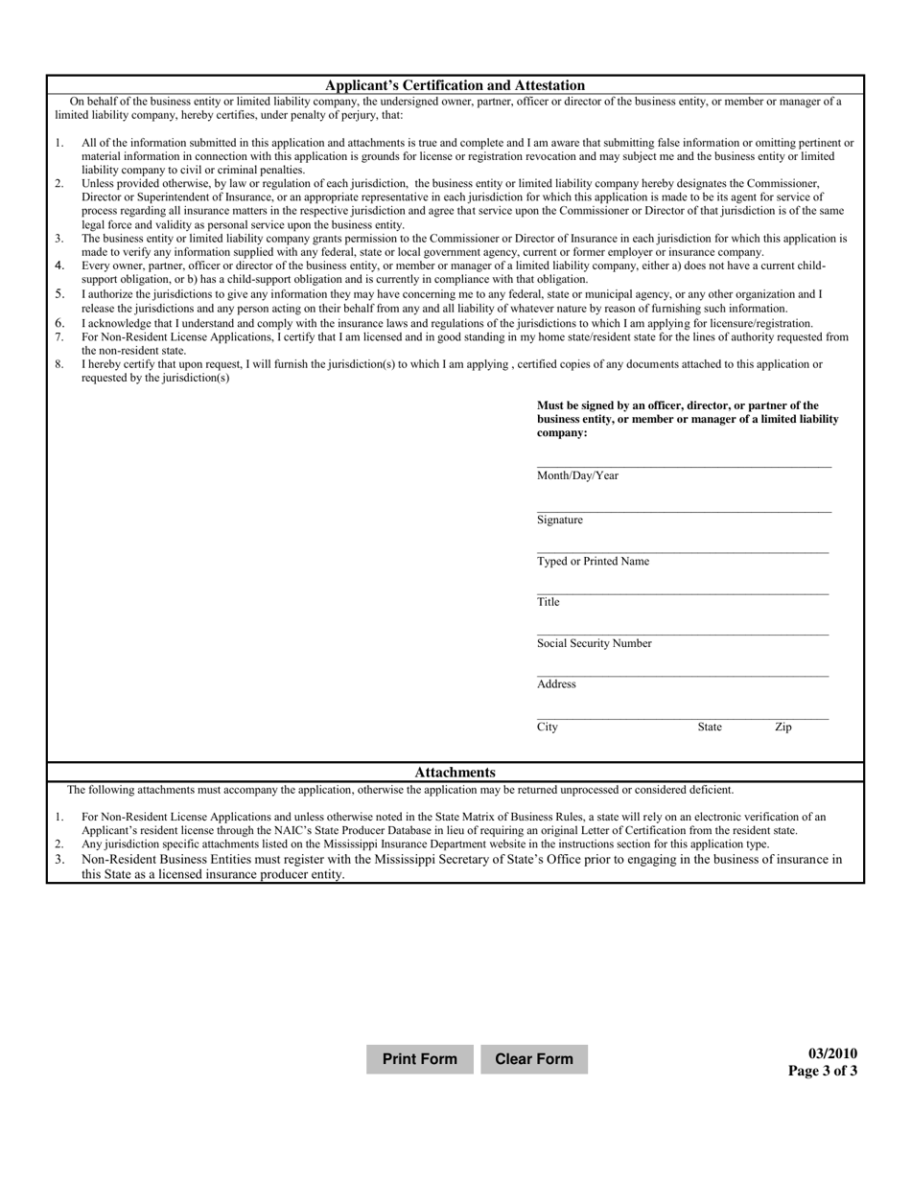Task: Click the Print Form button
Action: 419,1059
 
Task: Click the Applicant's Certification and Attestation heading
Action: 455,85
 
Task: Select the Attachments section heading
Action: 455,773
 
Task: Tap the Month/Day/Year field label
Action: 577,475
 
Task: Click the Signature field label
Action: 559,520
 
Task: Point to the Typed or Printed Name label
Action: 593,562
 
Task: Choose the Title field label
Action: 548,602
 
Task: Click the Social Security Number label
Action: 594,643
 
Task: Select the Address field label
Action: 556,684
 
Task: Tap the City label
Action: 547,728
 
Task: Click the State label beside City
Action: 710,728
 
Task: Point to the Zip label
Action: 783,728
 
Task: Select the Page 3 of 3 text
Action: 823,1072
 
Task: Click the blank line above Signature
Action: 684,511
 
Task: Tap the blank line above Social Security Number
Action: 683,635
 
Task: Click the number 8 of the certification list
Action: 59,364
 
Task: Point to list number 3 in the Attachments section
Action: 59,860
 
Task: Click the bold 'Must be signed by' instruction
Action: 687,419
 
